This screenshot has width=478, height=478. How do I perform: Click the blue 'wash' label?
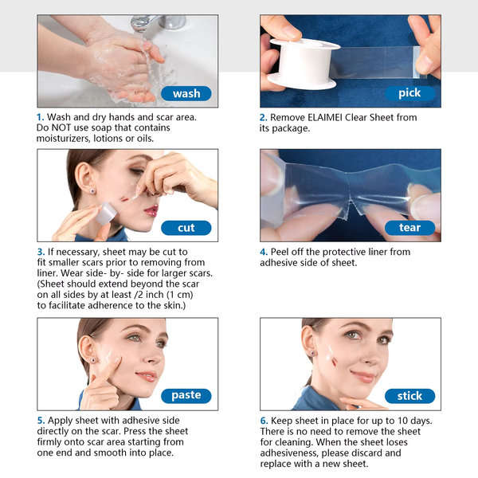[x=186, y=93]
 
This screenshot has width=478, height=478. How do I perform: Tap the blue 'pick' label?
[x=409, y=93]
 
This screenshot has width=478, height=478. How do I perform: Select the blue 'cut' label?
[x=186, y=228]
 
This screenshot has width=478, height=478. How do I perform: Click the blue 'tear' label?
[x=409, y=228]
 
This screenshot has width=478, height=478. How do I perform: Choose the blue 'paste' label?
[x=186, y=395]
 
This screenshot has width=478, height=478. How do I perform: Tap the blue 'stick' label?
[x=409, y=396]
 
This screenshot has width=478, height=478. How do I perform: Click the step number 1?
[x=40, y=117]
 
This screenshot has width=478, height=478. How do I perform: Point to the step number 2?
[x=263, y=117]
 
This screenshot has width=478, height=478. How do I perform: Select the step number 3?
[x=40, y=253]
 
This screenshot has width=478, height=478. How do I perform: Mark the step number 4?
[x=263, y=253]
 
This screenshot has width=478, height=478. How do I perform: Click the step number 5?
[x=40, y=421]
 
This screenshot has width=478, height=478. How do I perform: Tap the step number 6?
[x=263, y=421]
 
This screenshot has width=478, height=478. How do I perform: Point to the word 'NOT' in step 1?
[x=65, y=127]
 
